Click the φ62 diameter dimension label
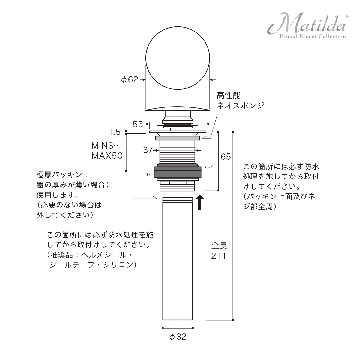pyautogui.click(x=130, y=80)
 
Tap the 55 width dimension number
pyautogui.click(x=138, y=124)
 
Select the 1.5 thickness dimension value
pyautogui.click(x=115, y=132)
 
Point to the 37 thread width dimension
pyautogui.click(x=148, y=150)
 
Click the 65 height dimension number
pyautogui.click(x=226, y=157)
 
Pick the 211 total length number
pyautogui.click(x=218, y=256)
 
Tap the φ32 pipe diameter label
pyautogui.click(x=178, y=337)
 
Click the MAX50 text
pyautogui.click(x=107, y=156)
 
